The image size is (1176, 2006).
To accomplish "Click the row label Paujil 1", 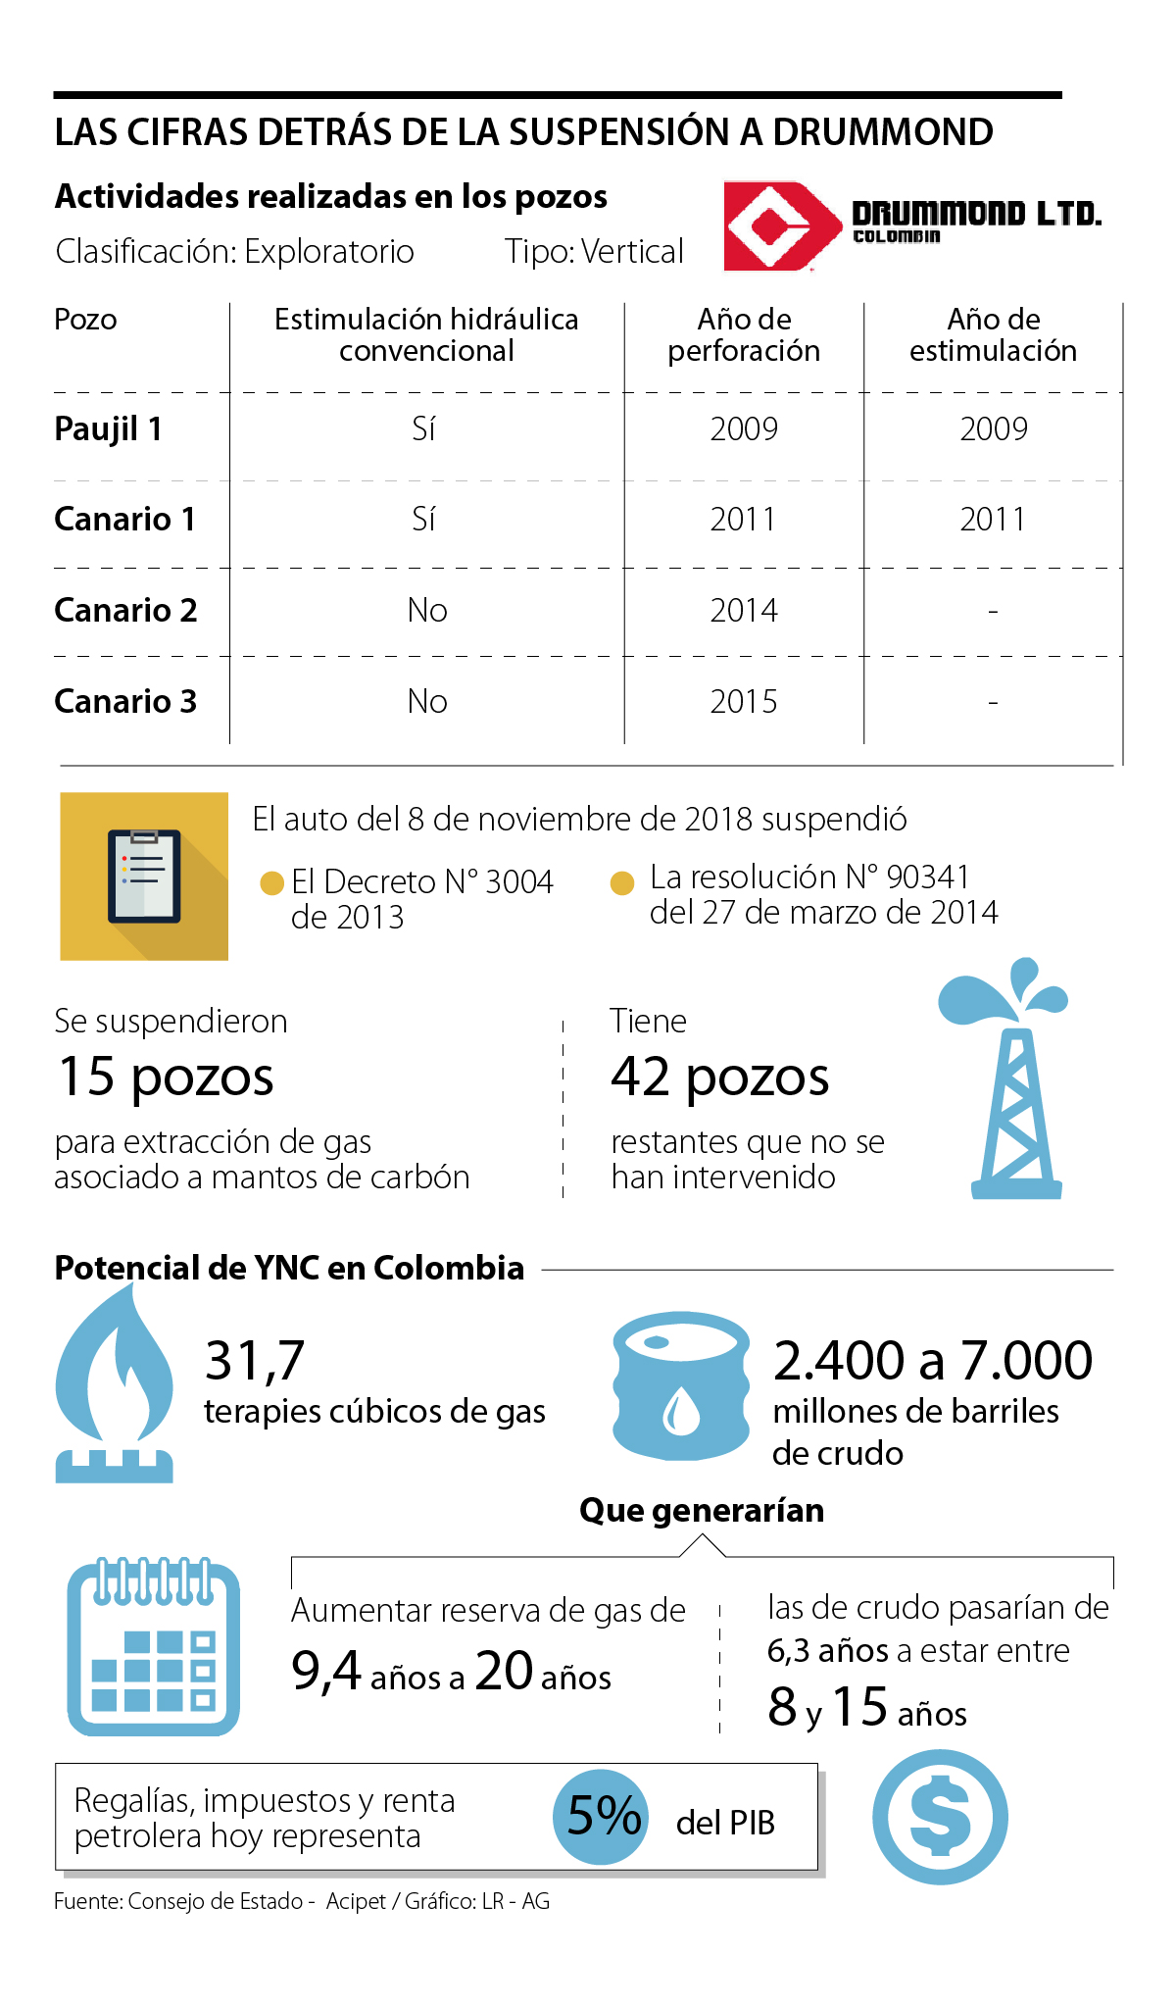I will pyautogui.click(x=108, y=429).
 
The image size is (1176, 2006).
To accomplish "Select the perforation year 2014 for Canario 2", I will pyautogui.click(x=744, y=611).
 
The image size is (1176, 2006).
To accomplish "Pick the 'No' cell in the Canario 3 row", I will pyautogui.click(x=427, y=702).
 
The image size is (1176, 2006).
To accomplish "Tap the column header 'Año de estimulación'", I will pyautogui.click(x=993, y=335).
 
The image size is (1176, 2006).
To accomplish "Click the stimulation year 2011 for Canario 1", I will pyautogui.click(x=993, y=520).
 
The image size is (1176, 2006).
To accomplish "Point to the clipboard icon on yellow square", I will pyautogui.click(x=144, y=877).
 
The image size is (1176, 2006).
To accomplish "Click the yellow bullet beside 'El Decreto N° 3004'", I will pyautogui.click(x=271, y=883).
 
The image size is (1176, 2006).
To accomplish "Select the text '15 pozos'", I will pyautogui.click(x=166, y=1077).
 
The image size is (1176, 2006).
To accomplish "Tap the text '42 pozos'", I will pyautogui.click(x=720, y=1077).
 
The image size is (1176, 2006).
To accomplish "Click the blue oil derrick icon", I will pyautogui.click(x=1010, y=1078).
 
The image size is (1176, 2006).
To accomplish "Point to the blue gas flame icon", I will pyautogui.click(x=115, y=1382).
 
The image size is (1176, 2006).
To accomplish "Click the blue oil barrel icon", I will pyautogui.click(x=681, y=1384).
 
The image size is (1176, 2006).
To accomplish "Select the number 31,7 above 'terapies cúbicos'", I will pyautogui.click(x=255, y=1361).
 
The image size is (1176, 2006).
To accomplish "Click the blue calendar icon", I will pyautogui.click(x=154, y=1646).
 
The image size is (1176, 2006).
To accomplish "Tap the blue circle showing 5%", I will pyautogui.click(x=602, y=1817).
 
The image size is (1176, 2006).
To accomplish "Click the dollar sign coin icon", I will pyautogui.click(x=940, y=1817).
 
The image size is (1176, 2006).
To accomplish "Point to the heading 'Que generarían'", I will pyautogui.click(x=702, y=1511).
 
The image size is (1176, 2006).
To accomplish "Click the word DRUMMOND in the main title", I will pyautogui.click(x=882, y=132).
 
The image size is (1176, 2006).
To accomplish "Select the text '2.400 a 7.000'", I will pyautogui.click(x=932, y=1361).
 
